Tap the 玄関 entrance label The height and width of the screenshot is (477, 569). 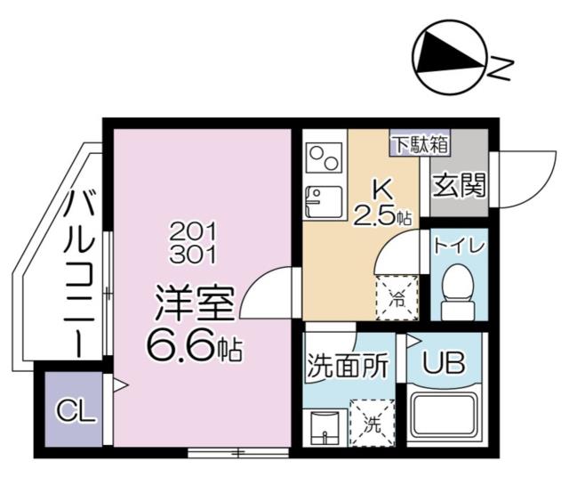pos(460,186)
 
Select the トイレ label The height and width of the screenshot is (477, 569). pos(459,245)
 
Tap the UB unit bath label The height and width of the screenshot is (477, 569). pos(443,365)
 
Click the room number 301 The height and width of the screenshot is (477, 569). pos(196,254)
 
